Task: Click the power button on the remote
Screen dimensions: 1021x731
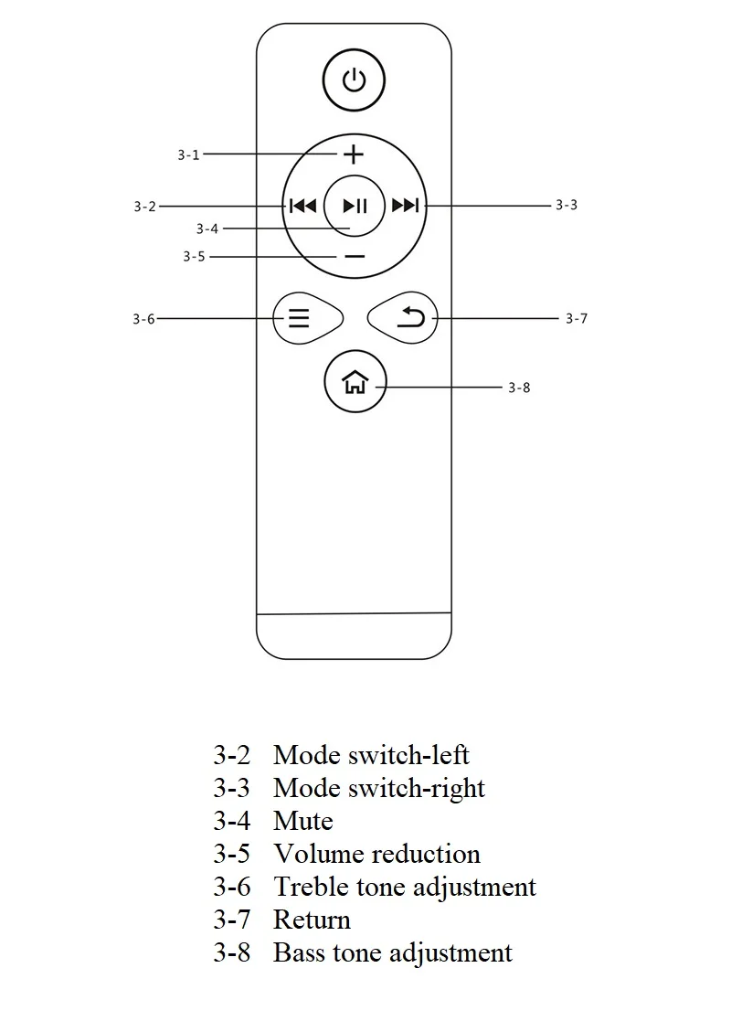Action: pos(354,80)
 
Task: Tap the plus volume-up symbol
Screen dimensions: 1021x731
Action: pos(354,154)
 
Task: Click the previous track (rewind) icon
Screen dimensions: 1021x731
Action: pos(302,206)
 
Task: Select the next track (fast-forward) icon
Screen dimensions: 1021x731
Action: pos(405,206)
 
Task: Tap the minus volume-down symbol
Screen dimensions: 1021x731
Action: pos(355,257)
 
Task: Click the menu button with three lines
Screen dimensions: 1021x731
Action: pos(300,318)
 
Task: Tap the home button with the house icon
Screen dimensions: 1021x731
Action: pos(355,383)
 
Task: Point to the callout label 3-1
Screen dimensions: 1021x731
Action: pos(188,155)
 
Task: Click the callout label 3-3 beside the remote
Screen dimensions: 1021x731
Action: pos(567,205)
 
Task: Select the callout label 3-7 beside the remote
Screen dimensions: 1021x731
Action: pos(576,319)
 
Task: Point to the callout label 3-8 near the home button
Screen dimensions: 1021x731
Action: pos(519,388)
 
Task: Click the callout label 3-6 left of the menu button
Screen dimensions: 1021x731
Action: pos(143,319)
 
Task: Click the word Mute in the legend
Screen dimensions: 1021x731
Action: pos(302,821)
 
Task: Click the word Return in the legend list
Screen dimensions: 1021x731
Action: pos(312,920)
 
